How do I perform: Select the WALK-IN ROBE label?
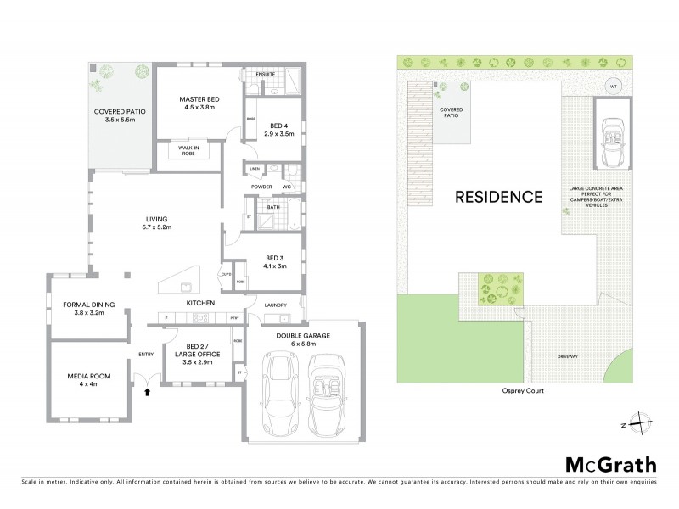click(x=189, y=148)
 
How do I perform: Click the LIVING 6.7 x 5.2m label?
click(x=158, y=224)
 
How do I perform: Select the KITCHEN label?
click(x=200, y=303)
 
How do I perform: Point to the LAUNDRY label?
click(x=275, y=305)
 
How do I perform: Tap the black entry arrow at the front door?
click(x=149, y=392)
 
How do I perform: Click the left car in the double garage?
click(x=278, y=394)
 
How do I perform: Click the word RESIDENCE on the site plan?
click(x=498, y=197)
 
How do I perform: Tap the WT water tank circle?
click(x=613, y=85)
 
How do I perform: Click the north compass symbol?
click(x=643, y=423)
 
